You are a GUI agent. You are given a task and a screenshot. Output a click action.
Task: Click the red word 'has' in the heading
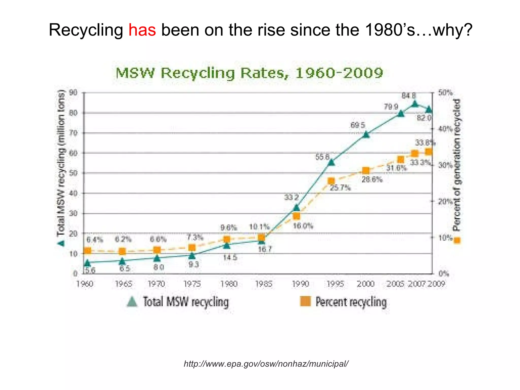coord(142,30)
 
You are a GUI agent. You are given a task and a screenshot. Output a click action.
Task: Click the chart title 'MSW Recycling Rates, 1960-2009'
coord(249,73)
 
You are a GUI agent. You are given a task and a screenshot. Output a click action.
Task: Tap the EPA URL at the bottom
coord(266,364)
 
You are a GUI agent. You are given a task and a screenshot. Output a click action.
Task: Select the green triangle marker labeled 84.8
coord(415,104)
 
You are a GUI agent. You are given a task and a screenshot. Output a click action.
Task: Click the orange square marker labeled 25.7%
coord(331,181)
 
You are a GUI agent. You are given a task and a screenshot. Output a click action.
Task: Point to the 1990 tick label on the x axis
coord(300,284)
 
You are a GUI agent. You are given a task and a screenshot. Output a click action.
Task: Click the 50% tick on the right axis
coord(445,93)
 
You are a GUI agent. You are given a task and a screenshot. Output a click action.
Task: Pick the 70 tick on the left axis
coord(73,133)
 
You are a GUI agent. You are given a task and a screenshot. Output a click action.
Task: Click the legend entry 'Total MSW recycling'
coord(178,302)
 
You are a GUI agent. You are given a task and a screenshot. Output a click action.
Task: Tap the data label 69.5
coord(357,125)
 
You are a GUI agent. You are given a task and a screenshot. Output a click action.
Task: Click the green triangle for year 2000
coord(366,135)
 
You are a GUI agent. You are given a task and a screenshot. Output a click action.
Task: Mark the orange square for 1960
coord(87,251)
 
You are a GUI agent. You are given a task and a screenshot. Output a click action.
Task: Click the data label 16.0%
coord(303,226)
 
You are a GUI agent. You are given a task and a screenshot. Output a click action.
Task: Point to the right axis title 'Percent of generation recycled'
coord(457,165)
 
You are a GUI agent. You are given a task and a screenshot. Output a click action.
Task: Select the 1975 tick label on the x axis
coord(192,284)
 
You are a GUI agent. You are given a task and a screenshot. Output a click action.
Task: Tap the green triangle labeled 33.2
coord(296,208)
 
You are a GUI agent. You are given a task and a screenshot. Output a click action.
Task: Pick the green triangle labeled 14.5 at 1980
coord(227,245)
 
